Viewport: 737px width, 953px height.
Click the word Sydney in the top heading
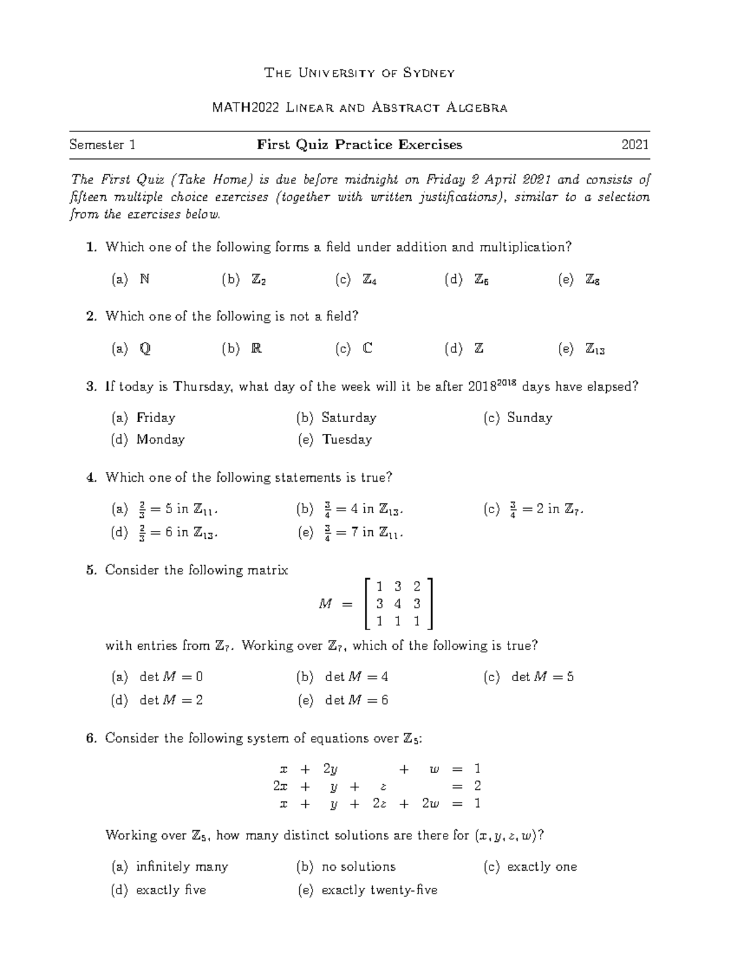click(x=429, y=73)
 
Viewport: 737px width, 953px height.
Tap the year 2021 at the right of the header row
click(x=635, y=145)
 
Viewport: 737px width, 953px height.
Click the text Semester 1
click(x=103, y=145)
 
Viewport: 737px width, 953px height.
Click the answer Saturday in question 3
click(x=348, y=417)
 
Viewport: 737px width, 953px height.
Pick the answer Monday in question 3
click(x=160, y=439)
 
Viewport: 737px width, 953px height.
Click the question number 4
click(x=92, y=477)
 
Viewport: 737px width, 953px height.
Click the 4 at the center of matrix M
click(x=398, y=604)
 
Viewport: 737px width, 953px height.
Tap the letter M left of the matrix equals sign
click(x=325, y=604)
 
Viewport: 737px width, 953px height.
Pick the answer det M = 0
click(x=171, y=677)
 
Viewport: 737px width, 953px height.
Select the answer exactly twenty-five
click(x=379, y=890)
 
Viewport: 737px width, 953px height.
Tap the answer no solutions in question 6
click(x=359, y=866)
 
